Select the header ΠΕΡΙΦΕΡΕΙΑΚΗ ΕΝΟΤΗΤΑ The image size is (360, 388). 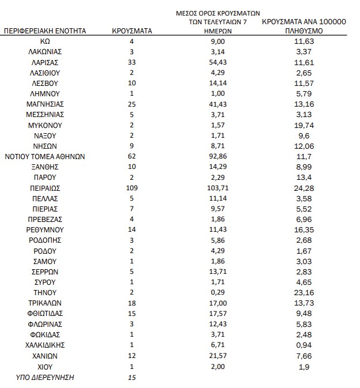tap(45, 31)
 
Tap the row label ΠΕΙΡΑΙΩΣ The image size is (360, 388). tap(45, 188)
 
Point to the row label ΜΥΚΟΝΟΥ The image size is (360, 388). tap(45, 125)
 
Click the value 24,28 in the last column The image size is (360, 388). tap(303, 188)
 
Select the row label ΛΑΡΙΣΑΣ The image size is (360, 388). tap(45, 62)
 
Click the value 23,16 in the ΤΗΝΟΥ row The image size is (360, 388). tap(303, 293)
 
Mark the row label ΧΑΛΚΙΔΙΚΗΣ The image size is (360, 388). tap(45, 345)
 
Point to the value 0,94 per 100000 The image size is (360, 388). tap(303, 345)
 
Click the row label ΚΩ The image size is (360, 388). tap(45, 42)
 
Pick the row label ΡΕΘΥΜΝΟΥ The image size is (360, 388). tap(45, 230)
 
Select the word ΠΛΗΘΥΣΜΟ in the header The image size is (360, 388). tap(303, 31)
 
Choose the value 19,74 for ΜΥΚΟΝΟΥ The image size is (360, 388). tap(303, 125)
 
